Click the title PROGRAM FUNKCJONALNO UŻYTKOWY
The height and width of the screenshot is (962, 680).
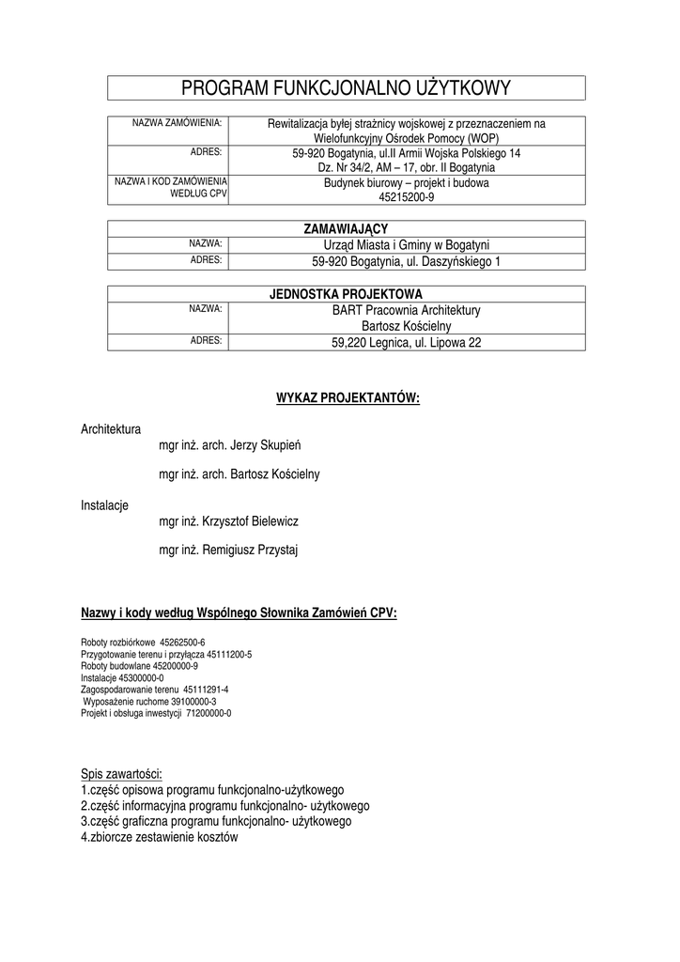coord(346,88)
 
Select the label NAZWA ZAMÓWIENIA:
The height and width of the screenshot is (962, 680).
coord(177,123)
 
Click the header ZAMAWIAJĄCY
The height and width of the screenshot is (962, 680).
coord(346,228)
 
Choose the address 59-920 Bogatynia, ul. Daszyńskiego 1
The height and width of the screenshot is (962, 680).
coord(407,261)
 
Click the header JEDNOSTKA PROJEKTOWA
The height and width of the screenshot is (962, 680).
coord(346,293)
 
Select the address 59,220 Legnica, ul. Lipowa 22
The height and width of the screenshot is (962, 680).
coord(407,343)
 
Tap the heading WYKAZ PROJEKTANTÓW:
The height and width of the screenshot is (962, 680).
coord(348,398)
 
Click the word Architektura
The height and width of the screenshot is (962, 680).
coord(111,429)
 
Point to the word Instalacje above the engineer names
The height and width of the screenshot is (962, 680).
coord(104,505)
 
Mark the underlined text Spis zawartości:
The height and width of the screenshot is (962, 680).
coord(121,775)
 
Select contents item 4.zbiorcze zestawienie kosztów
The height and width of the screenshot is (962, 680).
coord(160,836)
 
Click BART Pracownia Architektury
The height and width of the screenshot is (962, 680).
coord(407,309)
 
